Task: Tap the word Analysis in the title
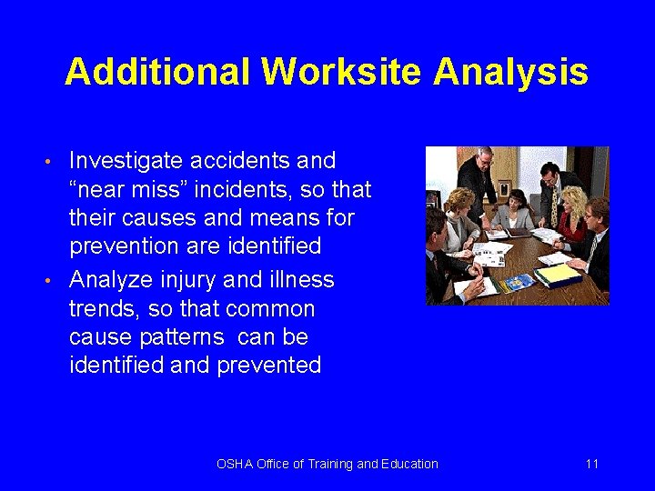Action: pos(511,72)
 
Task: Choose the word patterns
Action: pos(177,337)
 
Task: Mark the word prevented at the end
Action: pos(274,366)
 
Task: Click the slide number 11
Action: pos(591,464)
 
